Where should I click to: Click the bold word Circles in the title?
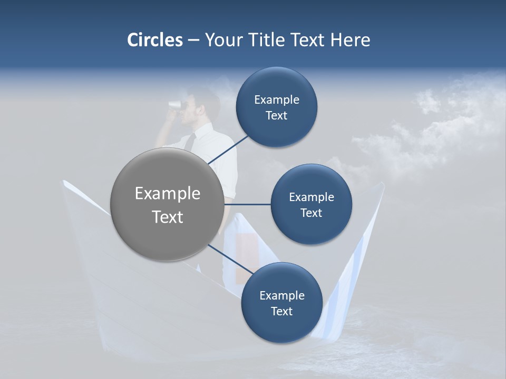click(154, 40)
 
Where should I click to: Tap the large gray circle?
click(167, 204)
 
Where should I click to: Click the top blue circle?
click(276, 107)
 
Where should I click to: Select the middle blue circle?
click(311, 205)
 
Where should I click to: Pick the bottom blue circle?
click(281, 303)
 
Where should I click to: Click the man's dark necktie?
click(190, 141)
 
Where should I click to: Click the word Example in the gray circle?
click(167, 194)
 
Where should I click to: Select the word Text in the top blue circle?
click(276, 116)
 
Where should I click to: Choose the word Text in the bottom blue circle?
click(281, 311)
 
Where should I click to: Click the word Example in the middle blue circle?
click(311, 197)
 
